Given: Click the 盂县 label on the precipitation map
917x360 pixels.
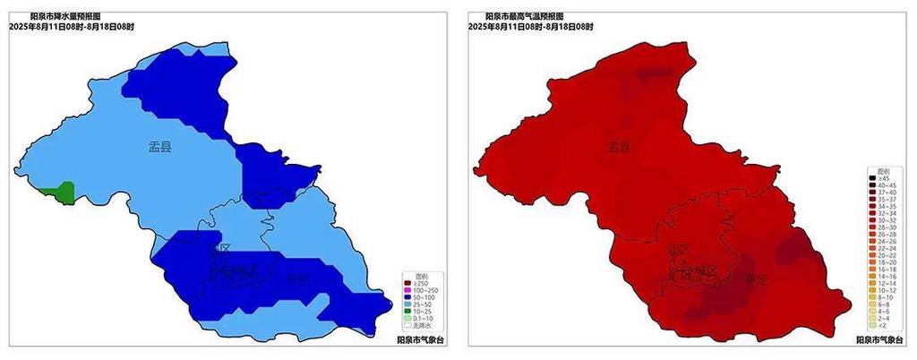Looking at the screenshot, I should [x=160, y=148].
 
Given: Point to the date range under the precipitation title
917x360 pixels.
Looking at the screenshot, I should [x=72, y=27].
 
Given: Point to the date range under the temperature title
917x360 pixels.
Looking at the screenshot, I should [x=530, y=27].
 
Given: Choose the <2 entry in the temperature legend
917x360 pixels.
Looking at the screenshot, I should [x=881, y=325].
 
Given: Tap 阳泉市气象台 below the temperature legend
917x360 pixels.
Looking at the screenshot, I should [x=878, y=339].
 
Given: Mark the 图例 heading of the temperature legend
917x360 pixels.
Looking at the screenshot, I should [x=883, y=169].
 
